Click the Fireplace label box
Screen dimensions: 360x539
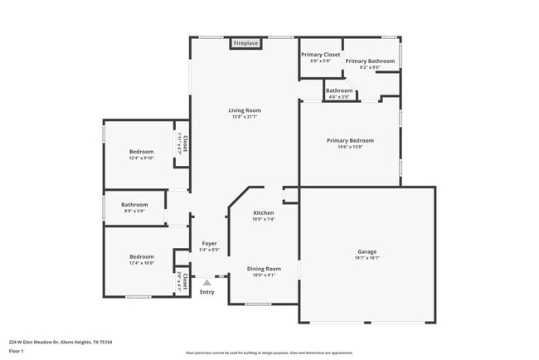pyautogui.click(x=245, y=42)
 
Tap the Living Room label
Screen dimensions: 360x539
pyautogui.click(x=245, y=110)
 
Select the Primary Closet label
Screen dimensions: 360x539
pyautogui.click(x=320, y=55)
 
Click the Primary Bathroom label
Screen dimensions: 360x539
pyautogui.click(x=370, y=61)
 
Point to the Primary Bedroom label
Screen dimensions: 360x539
pyautogui.click(x=350, y=141)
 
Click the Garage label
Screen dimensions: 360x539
pyautogui.click(x=367, y=251)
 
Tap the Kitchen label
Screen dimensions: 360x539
pyautogui.click(x=264, y=213)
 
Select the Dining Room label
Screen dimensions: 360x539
pyautogui.click(x=264, y=269)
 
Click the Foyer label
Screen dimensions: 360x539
pyautogui.click(x=210, y=243)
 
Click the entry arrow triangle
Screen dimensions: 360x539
pyautogui.click(x=206, y=283)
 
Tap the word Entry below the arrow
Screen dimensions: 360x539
pyautogui.click(x=206, y=292)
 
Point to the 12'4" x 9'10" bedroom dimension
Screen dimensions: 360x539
pyautogui.click(x=141, y=158)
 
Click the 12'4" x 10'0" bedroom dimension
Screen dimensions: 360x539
pyautogui.click(x=141, y=263)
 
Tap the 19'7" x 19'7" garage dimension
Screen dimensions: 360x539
pyautogui.click(x=367, y=257)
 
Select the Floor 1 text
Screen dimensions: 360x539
pyautogui.click(x=16, y=351)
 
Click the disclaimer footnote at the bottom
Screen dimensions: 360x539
pyautogui.click(x=269, y=352)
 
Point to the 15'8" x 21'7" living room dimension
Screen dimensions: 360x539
pyautogui.click(x=245, y=117)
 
